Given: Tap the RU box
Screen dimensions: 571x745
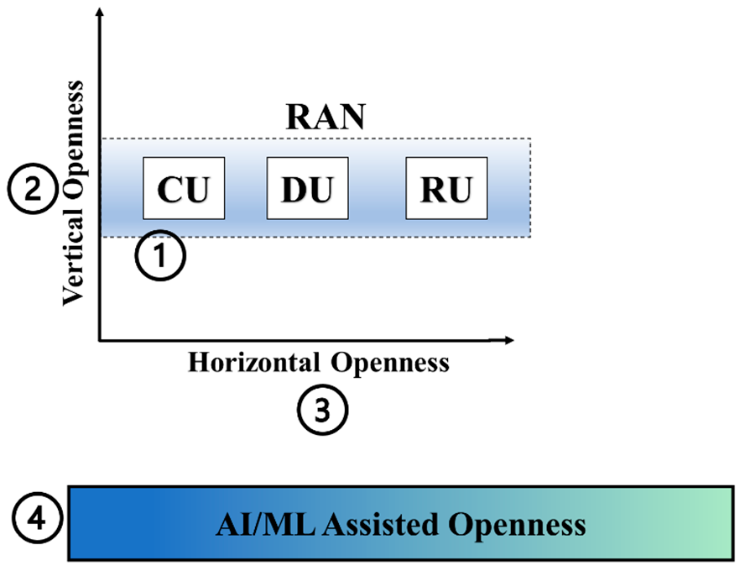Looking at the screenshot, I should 445,188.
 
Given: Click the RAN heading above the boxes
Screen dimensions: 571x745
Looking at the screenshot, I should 326,117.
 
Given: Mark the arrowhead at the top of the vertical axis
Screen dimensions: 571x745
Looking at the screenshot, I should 100,11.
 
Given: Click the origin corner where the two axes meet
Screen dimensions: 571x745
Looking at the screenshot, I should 100,340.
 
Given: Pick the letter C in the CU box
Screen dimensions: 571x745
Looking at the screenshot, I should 170,189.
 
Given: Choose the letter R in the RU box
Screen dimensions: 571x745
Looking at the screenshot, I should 431,189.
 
